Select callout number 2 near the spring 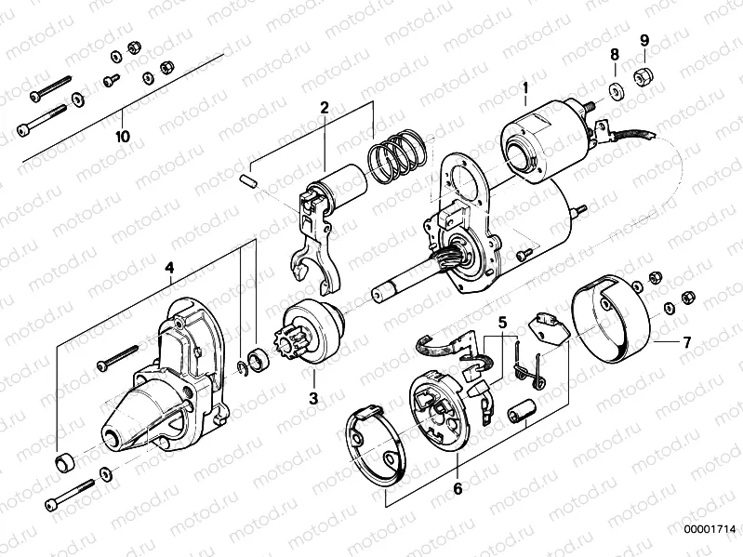tap(325, 108)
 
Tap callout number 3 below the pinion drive tap(314, 398)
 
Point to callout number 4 tap(168, 269)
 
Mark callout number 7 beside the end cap tap(685, 342)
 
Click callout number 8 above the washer tap(614, 57)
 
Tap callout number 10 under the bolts tap(122, 136)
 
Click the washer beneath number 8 tap(615, 89)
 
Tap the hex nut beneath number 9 tap(642, 73)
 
